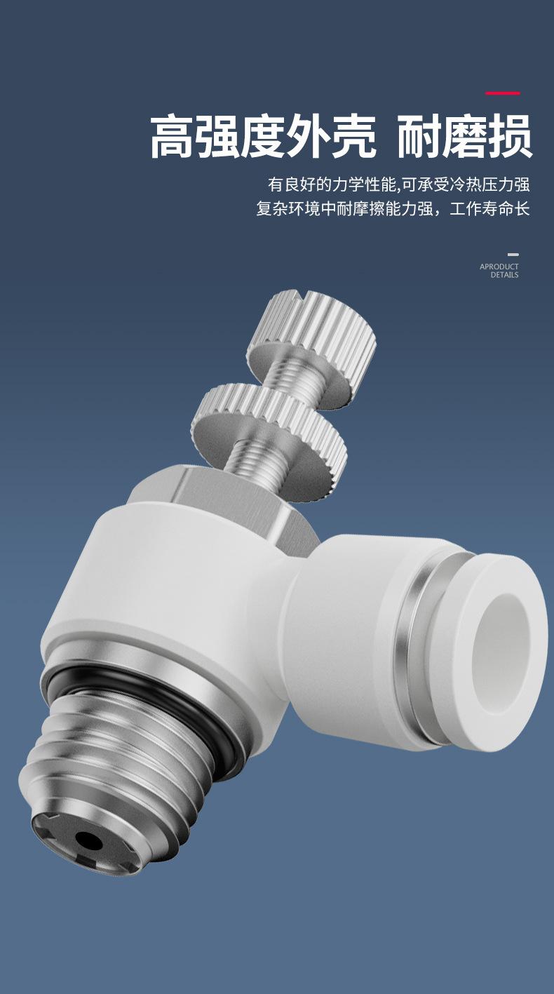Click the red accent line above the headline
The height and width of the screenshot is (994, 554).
[503, 93]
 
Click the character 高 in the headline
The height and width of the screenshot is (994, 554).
[173, 137]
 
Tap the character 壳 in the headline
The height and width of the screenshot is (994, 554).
[353, 137]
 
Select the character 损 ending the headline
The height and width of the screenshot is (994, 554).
[509, 137]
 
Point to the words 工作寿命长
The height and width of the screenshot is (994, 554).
[489, 208]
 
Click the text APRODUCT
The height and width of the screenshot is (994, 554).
[499, 267]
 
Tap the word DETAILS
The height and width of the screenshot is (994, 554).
[504, 275]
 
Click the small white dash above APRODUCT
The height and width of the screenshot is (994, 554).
[513, 255]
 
